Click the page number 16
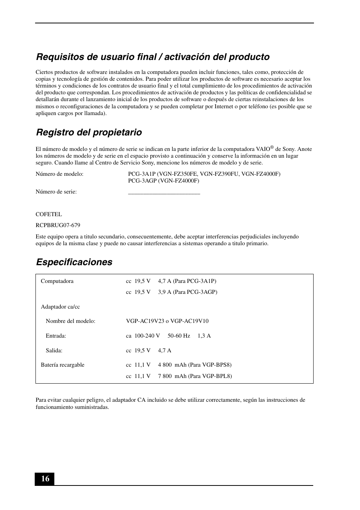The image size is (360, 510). coord(45,479)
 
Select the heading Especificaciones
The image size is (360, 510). coord(74,262)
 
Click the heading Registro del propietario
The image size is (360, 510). coord(89,132)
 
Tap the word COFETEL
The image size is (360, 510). coord(49,214)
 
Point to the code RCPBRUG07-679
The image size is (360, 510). coord(58,225)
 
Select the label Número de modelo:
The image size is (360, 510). coord(59,174)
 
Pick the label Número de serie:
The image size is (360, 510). coord(56,192)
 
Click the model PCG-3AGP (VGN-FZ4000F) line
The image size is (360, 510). coord(163,181)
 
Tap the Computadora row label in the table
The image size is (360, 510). coord(57,281)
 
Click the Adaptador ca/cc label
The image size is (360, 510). coord(60,307)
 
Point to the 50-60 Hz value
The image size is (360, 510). coord(178,336)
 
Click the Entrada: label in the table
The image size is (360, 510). coord(56,336)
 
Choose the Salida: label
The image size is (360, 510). coord(54,350)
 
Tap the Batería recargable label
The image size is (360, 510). coord(62,365)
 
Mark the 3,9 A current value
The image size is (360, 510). coord(165,292)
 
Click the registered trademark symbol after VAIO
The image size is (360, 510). coord(272,147)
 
